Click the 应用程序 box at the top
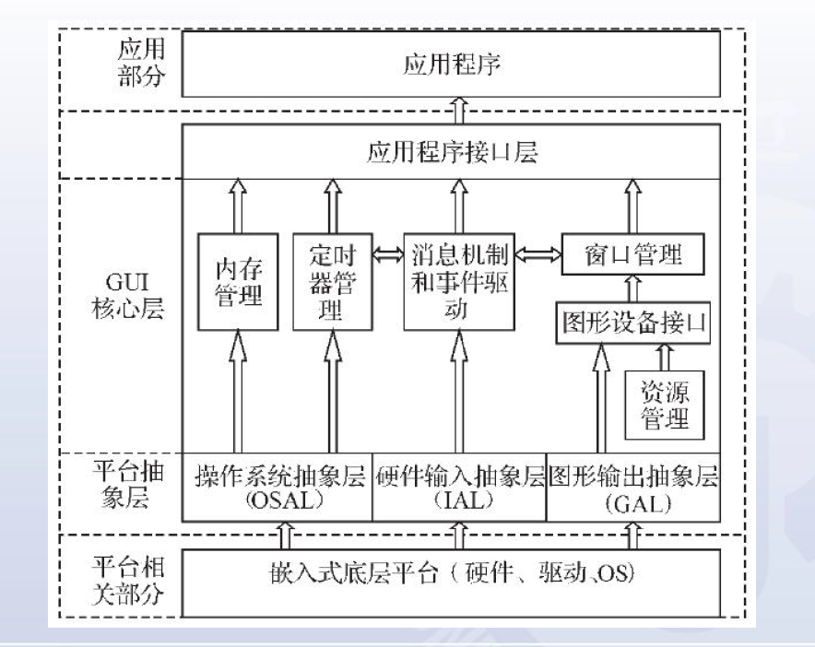point(451,65)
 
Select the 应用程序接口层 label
point(451,152)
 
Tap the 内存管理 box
point(238,281)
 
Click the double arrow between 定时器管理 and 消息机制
point(386,253)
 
